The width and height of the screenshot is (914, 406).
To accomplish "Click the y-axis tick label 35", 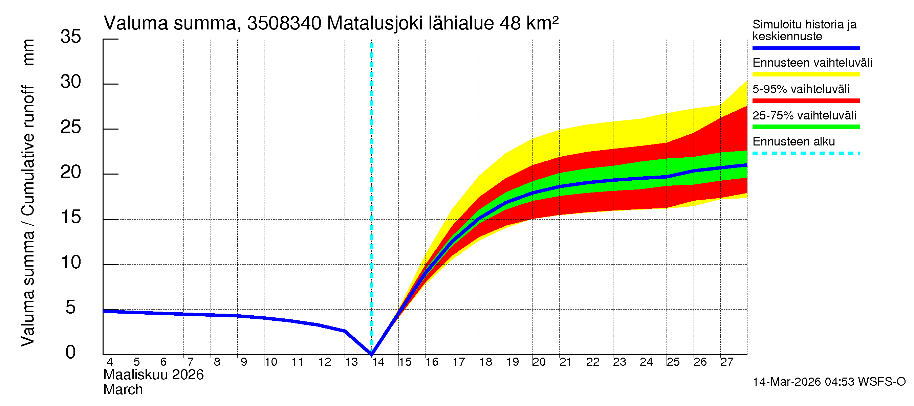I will point(71,37).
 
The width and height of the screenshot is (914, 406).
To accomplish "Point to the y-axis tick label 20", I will point(71,172).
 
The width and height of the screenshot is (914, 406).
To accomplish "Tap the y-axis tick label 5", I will point(71,308).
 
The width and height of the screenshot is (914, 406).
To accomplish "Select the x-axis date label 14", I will point(378,362).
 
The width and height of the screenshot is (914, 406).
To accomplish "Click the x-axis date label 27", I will point(726,362).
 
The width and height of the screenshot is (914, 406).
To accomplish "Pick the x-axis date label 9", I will point(244,362).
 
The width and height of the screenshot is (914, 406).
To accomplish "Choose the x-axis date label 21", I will point(565,362).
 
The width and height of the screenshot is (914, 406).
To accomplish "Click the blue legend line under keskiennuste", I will point(806,48).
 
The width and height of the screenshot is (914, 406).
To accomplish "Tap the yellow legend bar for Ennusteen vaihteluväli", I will point(806,74).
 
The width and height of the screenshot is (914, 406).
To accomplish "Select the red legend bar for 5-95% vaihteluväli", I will point(806,101).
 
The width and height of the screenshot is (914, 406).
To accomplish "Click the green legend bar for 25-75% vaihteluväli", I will point(806,127).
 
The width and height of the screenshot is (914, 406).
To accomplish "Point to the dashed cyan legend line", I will point(806,154).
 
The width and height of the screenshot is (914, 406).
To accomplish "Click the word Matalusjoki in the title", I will point(374,24).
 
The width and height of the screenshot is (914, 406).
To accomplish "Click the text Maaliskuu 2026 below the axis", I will point(153,375).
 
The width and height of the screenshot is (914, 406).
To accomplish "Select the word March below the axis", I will point(123,390).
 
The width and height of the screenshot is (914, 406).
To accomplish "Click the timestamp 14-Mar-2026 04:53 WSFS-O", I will point(829,382).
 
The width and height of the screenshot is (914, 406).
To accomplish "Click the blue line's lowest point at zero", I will point(371,354).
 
